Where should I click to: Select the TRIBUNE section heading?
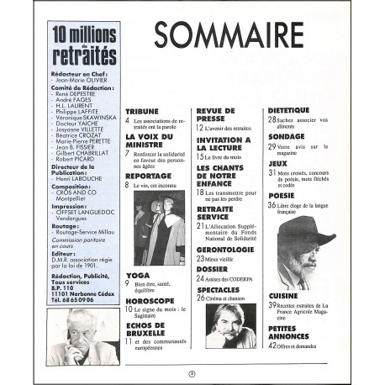142,111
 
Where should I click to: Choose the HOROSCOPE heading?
150,300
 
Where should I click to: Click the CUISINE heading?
284,297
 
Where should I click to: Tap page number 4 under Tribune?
129,121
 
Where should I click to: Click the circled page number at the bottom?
192,372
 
